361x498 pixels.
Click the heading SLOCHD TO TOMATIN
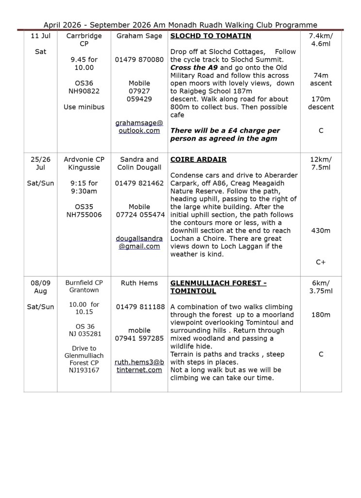pos(210,36)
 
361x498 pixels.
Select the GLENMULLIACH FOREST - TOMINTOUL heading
pos(219,287)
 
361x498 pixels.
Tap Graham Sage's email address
pos(139,126)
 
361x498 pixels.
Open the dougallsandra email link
pos(139,242)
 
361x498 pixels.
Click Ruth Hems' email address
pos(139,366)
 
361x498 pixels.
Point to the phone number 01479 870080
pos(139,60)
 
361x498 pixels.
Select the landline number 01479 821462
pos(139,183)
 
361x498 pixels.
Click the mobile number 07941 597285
pos(139,338)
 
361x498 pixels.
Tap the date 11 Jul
pos(40,36)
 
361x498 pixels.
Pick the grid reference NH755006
pos(84,214)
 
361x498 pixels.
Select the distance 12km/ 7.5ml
pos(321,163)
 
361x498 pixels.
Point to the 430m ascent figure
pos(321,231)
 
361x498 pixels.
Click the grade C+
pos(321,262)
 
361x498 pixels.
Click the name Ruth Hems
pos(139,283)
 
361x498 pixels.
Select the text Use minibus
pos(84,107)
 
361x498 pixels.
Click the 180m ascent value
pos(321,315)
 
